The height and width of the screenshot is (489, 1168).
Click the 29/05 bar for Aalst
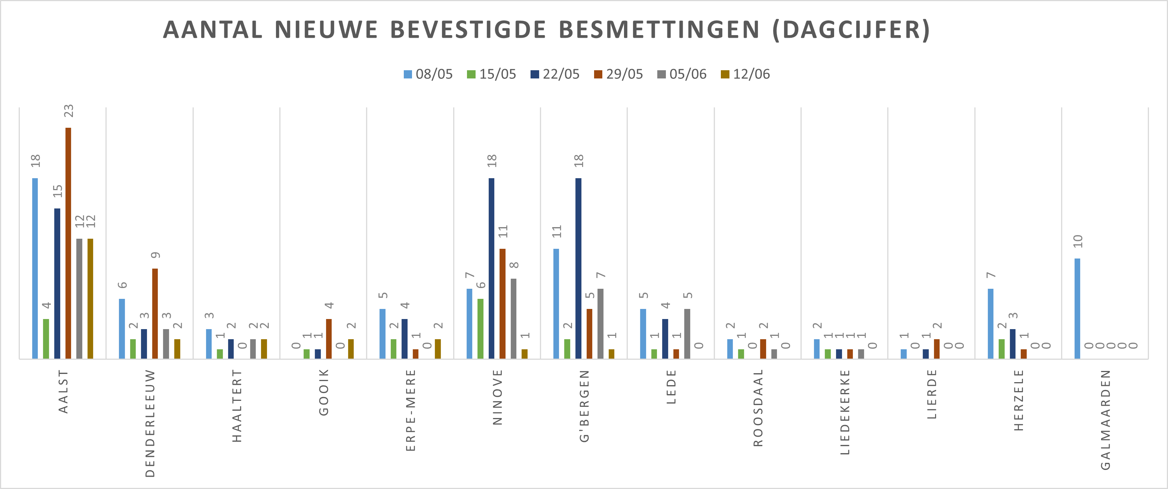tap(68, 243)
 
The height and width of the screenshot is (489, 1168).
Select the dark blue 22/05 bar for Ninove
tap(492, 268)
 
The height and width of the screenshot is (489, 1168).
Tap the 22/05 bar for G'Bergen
tap(578, 268)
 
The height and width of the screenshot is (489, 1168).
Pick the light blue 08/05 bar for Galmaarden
tap(1077, 308)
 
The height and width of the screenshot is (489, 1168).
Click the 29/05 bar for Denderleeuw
tap(155, 314)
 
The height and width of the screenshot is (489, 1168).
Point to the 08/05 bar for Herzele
tap(991, 324)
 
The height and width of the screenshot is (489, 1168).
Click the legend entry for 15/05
tap(492, 74)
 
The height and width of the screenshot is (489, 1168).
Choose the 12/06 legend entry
tap(746, 74)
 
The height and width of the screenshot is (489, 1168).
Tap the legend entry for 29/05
tap(618, 74)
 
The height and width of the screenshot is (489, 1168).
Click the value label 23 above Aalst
tap(68, 111)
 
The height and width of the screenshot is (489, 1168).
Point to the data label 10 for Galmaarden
tap(1078, 241)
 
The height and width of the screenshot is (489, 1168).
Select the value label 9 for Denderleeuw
tap(156, 255)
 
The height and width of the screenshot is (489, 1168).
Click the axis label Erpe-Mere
tap(411, 410)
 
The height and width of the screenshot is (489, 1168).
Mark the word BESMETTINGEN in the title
tap(659, 30)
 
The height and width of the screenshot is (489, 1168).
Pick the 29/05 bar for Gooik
tap(329, 338)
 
